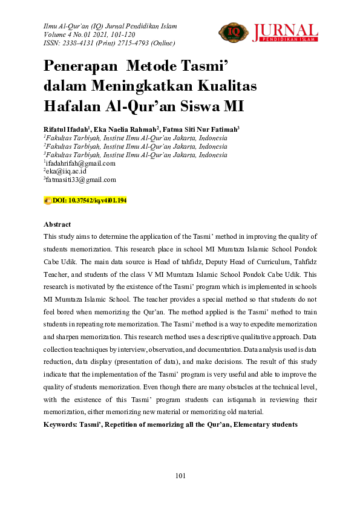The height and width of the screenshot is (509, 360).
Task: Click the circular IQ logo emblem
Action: (230, 31)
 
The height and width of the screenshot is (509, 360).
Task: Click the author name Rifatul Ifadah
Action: (65, 129)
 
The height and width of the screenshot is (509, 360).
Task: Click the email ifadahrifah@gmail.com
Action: (80, 163)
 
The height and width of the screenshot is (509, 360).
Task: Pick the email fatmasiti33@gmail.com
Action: (80, 180)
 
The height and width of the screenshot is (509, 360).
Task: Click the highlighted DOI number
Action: (90, 200)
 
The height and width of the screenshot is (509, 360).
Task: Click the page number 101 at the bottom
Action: (180, 476)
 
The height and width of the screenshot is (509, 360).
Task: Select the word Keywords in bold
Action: (62, 425)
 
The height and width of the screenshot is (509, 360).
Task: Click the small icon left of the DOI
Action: (48, 200)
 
